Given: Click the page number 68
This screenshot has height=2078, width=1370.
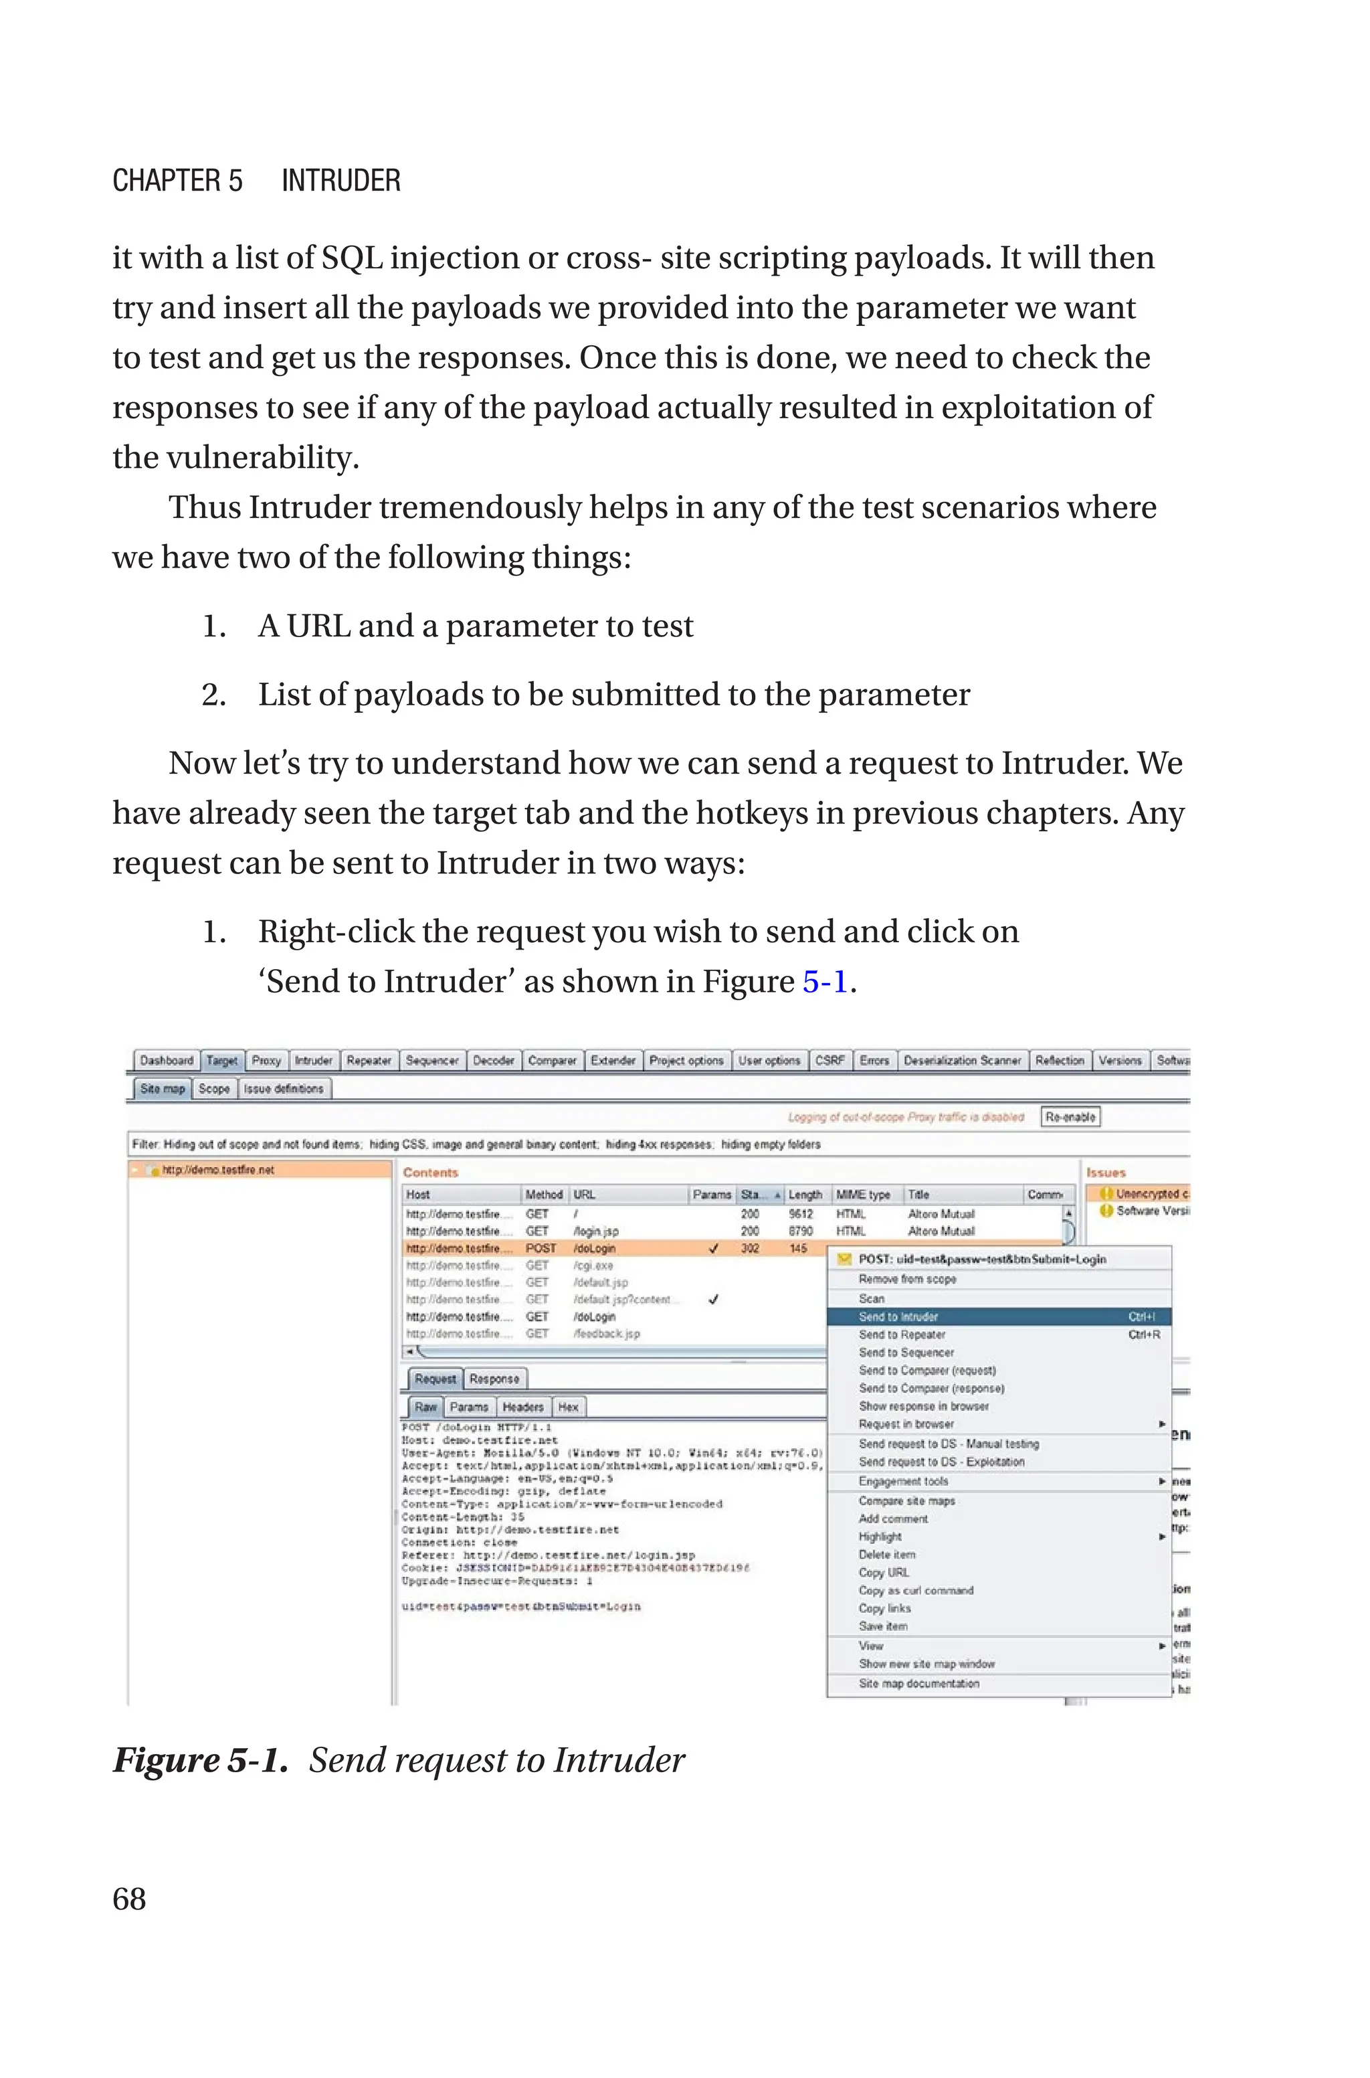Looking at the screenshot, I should click(x=129, y=1899).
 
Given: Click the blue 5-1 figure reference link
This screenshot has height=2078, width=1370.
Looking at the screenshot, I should click(x=825, y=981).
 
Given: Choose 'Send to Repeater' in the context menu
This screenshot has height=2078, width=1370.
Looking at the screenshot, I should click(x=902, y=1334).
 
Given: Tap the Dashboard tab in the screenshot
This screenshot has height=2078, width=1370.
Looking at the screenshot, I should click(x=166, y=1060).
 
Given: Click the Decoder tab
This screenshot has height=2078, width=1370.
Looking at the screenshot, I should click(x=493, y=1060).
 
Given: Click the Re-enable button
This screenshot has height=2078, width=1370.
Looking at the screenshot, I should click(x=1070, y=1117).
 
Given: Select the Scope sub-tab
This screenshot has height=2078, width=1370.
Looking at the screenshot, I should click(x=214, y=1089).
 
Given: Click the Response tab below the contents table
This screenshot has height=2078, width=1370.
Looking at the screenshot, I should click(x=494, y=1379).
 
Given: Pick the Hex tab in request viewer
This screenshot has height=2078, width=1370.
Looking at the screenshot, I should click(x=568, y=1407).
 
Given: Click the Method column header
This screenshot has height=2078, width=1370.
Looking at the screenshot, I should click(x=543, y=1195).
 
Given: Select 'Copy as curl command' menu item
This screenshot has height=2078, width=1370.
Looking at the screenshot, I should click(x=916, y=1590).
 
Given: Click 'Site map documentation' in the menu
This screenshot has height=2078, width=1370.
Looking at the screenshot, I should click(x=918, y=1683).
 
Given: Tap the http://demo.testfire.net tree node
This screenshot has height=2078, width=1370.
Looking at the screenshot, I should click(x=217, y=1169).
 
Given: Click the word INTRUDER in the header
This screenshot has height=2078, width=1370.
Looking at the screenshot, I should click(x=340, y=181).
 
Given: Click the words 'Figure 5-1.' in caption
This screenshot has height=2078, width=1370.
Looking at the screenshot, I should click(x=200, y=1759).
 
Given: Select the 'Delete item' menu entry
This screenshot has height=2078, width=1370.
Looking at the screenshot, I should click(x=887, y=1555).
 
